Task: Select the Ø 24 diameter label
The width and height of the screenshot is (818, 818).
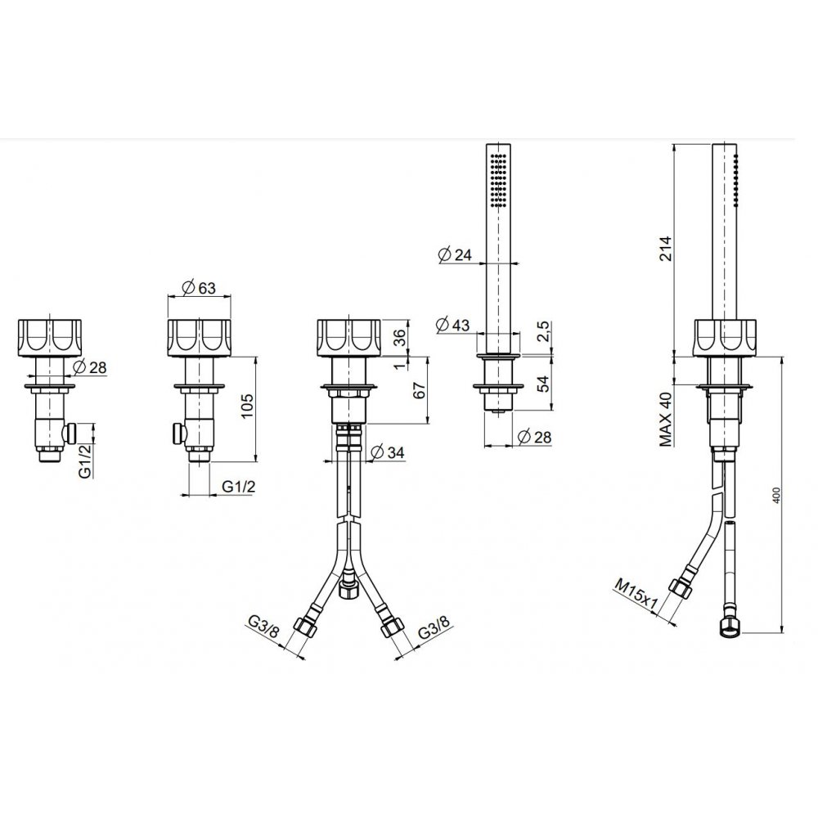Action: coord(455,254)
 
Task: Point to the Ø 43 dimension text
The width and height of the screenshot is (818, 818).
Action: coord(452,325)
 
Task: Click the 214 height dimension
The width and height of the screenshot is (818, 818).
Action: coord(666,249)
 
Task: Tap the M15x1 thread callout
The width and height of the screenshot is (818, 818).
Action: coord(636,595)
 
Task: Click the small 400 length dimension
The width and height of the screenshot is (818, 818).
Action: coord(775,495)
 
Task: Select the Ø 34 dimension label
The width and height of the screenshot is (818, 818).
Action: coord(387,452)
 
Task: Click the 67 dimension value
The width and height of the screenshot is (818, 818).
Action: coord(420,390)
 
